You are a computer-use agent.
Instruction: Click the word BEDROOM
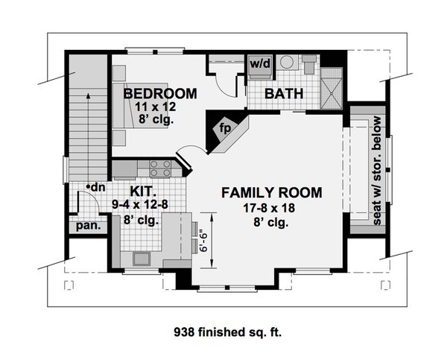pyautogui.click(x=160, y=94)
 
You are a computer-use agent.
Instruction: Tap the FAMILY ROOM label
pyautogui.click(x=271, y=193)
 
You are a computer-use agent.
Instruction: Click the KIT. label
pyautogui.click(x=145, y=192)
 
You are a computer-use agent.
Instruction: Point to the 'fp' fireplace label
pyautogui.click(x=224, y=127)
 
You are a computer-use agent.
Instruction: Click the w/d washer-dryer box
pyautogui.click(x=259, y=64)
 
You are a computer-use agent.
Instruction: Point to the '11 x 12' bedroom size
pyautogui.click(x=153, y=108)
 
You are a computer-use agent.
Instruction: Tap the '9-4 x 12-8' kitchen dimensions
pyautogui.click(x=145, y=206)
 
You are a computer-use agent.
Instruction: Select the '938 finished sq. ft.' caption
pyautogui.click(x=223, y=329)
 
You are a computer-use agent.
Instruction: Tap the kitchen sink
pyautogui.click(x=142, y=259)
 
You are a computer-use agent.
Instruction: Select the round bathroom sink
pyautogui.click(x=285, y=64)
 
